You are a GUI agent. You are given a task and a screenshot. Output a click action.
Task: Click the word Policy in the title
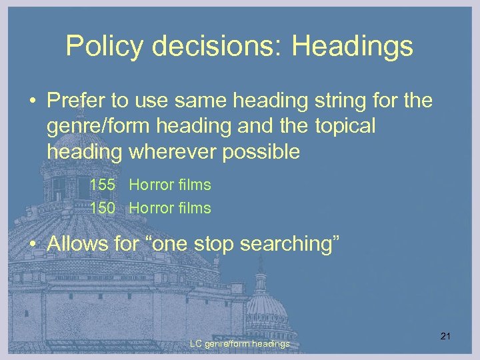tap(105, 47)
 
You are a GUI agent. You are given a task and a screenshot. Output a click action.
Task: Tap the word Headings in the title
tap(353, 47)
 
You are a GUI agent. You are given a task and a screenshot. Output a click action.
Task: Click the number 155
tap(103, 185)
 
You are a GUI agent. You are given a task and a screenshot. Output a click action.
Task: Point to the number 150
tap(103, 208)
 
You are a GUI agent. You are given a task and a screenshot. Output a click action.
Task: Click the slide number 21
tap(445, 335)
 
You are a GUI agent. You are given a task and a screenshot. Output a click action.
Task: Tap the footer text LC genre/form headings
tap(239, 344)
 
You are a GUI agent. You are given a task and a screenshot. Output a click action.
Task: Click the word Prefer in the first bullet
tap(73, 101)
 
